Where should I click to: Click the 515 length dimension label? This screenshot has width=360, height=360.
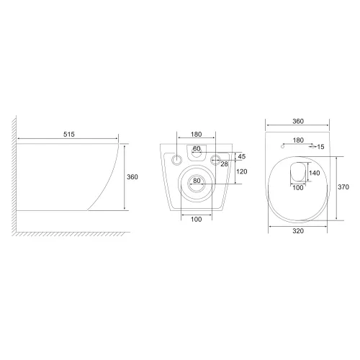click(69, 134)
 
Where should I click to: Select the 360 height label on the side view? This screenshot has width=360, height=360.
click(132, 177)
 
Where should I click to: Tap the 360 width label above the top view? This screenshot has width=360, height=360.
click(298, 121)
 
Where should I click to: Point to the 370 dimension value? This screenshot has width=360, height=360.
click(343, 186)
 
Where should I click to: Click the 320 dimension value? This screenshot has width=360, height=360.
click(298, 230)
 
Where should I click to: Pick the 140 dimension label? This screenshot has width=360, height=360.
click(315, 173)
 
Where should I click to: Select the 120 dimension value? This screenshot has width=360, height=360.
click(242, 171)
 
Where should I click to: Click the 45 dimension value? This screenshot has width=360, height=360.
click(242, 156)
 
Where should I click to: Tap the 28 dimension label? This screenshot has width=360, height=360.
click(224, 164)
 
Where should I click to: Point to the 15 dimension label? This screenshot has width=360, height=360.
click(320, 147)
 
